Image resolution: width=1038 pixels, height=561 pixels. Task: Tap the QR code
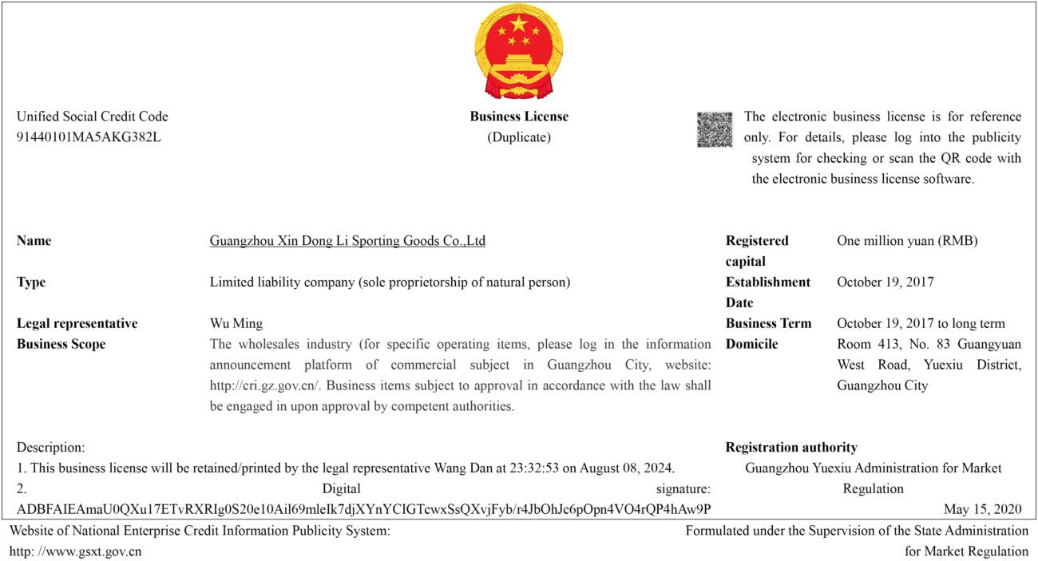pyautogui.click(x=714, y=129)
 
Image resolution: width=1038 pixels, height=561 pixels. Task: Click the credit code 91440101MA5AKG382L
pyautogui.click(x=89, y=137)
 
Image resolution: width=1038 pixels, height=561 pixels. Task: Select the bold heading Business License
pyautogui.click(x=519, y=117)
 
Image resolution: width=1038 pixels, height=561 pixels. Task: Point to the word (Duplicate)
pyautogui.click(x=519, y=137)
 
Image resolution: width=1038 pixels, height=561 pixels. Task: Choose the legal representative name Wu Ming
pyautogui.click(x=236, y=324)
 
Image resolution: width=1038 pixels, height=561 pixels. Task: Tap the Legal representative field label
pyautogui.click(x=77, y=324)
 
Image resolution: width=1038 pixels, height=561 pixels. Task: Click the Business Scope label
pyautogui.click(x=61, y=345)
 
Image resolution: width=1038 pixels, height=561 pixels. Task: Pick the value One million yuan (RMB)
pyautogui.click(x=907, y=241)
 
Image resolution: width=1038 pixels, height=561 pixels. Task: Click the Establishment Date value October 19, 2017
pyautogui.click(x=885, y=282)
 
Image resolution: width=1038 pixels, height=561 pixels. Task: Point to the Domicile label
pyautogui.click(x=751, y=345)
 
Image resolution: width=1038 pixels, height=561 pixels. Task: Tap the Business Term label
pyautogui.click(x=768, y=324)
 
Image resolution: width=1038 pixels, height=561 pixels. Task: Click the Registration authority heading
pyautogui.click(x=791, y=448)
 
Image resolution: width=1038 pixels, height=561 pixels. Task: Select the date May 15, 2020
pyautogui.click(x=982, y=510)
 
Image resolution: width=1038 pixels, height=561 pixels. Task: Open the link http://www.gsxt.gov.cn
pyautogui.click(x=76, y=551)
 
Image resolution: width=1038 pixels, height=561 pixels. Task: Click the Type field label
pyautogui.click(x=31, y=282)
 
